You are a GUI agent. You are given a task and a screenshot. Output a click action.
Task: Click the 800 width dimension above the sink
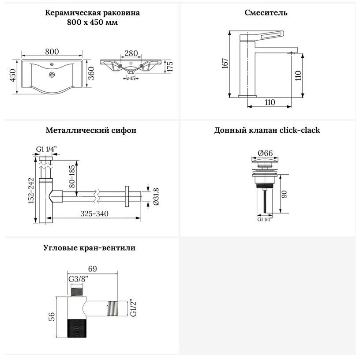[x=52, y=52]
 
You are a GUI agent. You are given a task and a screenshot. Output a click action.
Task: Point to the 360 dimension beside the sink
[x=91, y=73]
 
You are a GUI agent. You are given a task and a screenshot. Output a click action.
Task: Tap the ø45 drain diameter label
[x=131, y=79]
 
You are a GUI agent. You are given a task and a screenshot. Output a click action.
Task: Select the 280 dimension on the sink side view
[x=131, y=53]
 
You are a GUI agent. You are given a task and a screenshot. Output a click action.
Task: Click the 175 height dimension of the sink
[x=170, y=67]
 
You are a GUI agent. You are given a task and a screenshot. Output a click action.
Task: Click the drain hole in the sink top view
[x=52, y=75]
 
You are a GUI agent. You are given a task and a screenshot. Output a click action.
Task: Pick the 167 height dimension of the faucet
[x=225, y=64]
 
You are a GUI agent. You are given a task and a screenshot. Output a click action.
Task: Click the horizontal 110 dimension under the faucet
[x=270, y=102]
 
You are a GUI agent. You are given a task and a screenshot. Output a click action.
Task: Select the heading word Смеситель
[x=266, y=12]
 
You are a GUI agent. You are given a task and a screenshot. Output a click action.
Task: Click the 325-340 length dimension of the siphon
[x=94, y=214]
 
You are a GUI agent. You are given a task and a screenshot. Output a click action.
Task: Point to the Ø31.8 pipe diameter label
[x=156, y=196]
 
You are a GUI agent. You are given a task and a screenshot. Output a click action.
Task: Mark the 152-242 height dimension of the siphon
[x=31, y=191]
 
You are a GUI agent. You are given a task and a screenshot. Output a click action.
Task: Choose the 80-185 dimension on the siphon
[x=72, y=176]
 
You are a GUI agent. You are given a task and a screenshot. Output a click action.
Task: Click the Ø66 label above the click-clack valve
[x=265, y=153]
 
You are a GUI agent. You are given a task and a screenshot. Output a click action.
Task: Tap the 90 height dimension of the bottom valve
[x=284, y=194]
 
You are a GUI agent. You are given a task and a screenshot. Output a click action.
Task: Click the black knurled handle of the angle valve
[x=77, y=328]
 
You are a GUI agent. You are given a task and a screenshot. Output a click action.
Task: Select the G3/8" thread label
[x=79, y=279]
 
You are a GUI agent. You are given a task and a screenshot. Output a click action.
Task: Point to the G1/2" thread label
[x=133, y=307]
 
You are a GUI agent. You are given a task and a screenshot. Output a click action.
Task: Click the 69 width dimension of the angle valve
[x=93, y=269]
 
